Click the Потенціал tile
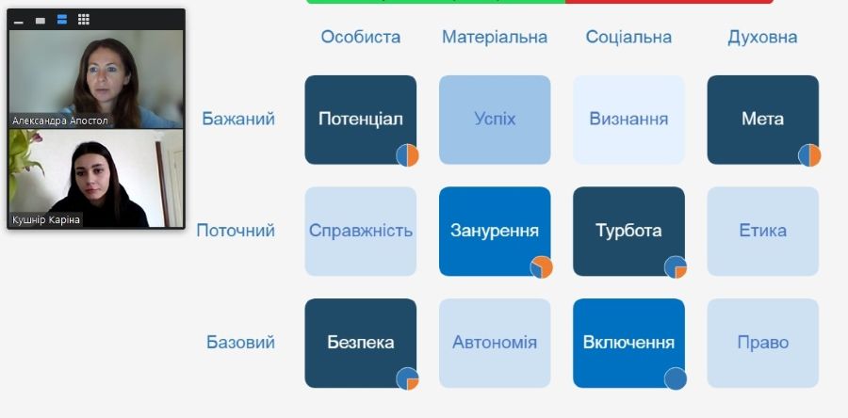pos(360,120)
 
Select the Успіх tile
pos(495,120)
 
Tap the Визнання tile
pos(628,120)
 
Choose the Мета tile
pos(762,120)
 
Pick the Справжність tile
pos(360,232)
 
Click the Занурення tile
pos(495,232)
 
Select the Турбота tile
pos(628,232)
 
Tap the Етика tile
pos(762,232)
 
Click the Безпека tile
pos(360,343)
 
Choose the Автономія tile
pos(495,343)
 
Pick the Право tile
pos(762,343)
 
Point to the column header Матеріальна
pos(495,37)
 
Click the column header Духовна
pos(762,37)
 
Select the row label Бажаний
pos(238,119)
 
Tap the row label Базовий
pos(240,343)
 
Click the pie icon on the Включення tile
pos(676,378)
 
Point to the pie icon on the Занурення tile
pos(542,266)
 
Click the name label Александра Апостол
pos(60,121)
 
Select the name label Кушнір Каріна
pos(45,219)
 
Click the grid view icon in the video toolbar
pos(83,20)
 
